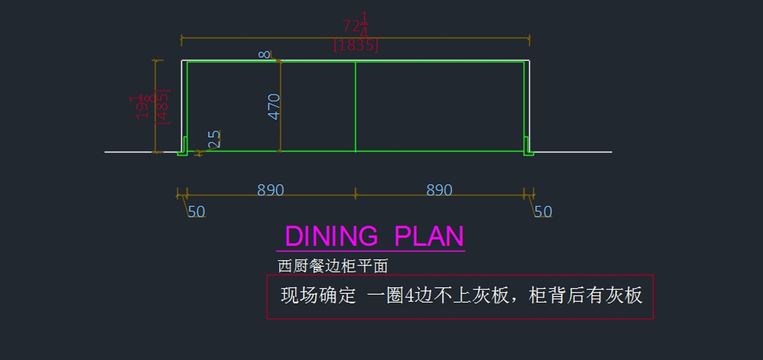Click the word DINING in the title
pyautogui.click(x=331, y=236)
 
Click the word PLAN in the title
pyautogui.click(x=429, y=236)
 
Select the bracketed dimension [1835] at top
pyautogui.click(x=355, y=46)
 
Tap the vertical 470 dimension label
pyautogui.click(x=274, y=106)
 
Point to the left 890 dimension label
pyautogui.click(x=270, y=190)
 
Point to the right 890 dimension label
pyautogui.click(x=439, y=190)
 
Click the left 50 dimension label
pyautogui.click(x=196, y=212)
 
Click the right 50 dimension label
pyautogui.click(x=543, y=212)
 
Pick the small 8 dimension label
pyautogui.click(x=265, y=55)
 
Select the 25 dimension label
pyautogui.click(x=214, y=139)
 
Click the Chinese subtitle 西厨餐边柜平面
pyautogui.click(x=333, y=266)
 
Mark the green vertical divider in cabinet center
pyautogui.click(x=355, y=106)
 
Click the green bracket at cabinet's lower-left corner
pyautogui.click(x=182, y=148)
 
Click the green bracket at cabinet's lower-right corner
pyautogui.click(x=528, y=148)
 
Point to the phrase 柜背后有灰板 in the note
pyautogui.click(x=586, y=296)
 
